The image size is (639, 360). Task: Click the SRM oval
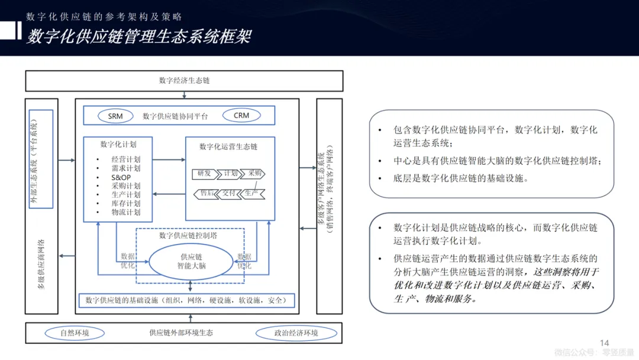point(115,116)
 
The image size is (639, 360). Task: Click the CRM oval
point(241,115)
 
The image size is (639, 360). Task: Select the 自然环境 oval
point(75,333)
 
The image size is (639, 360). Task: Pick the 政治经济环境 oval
point(296,333)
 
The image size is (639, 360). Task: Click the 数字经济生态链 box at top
point(184,81)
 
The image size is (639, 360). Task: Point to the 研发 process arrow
point(204,174)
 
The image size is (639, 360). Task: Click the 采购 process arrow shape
point(254,174)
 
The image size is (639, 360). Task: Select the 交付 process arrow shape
point(229,193)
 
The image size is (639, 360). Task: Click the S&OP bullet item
point(121,178)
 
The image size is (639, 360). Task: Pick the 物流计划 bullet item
point(125,212)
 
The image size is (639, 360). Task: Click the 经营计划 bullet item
point(125,160)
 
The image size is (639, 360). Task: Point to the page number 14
point(604,343)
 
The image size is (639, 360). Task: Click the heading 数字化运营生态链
point(228,147)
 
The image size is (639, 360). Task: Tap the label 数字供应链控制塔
point(188,236)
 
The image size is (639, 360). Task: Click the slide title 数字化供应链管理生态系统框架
point(139,37)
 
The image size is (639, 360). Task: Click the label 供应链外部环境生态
point(181,333)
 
